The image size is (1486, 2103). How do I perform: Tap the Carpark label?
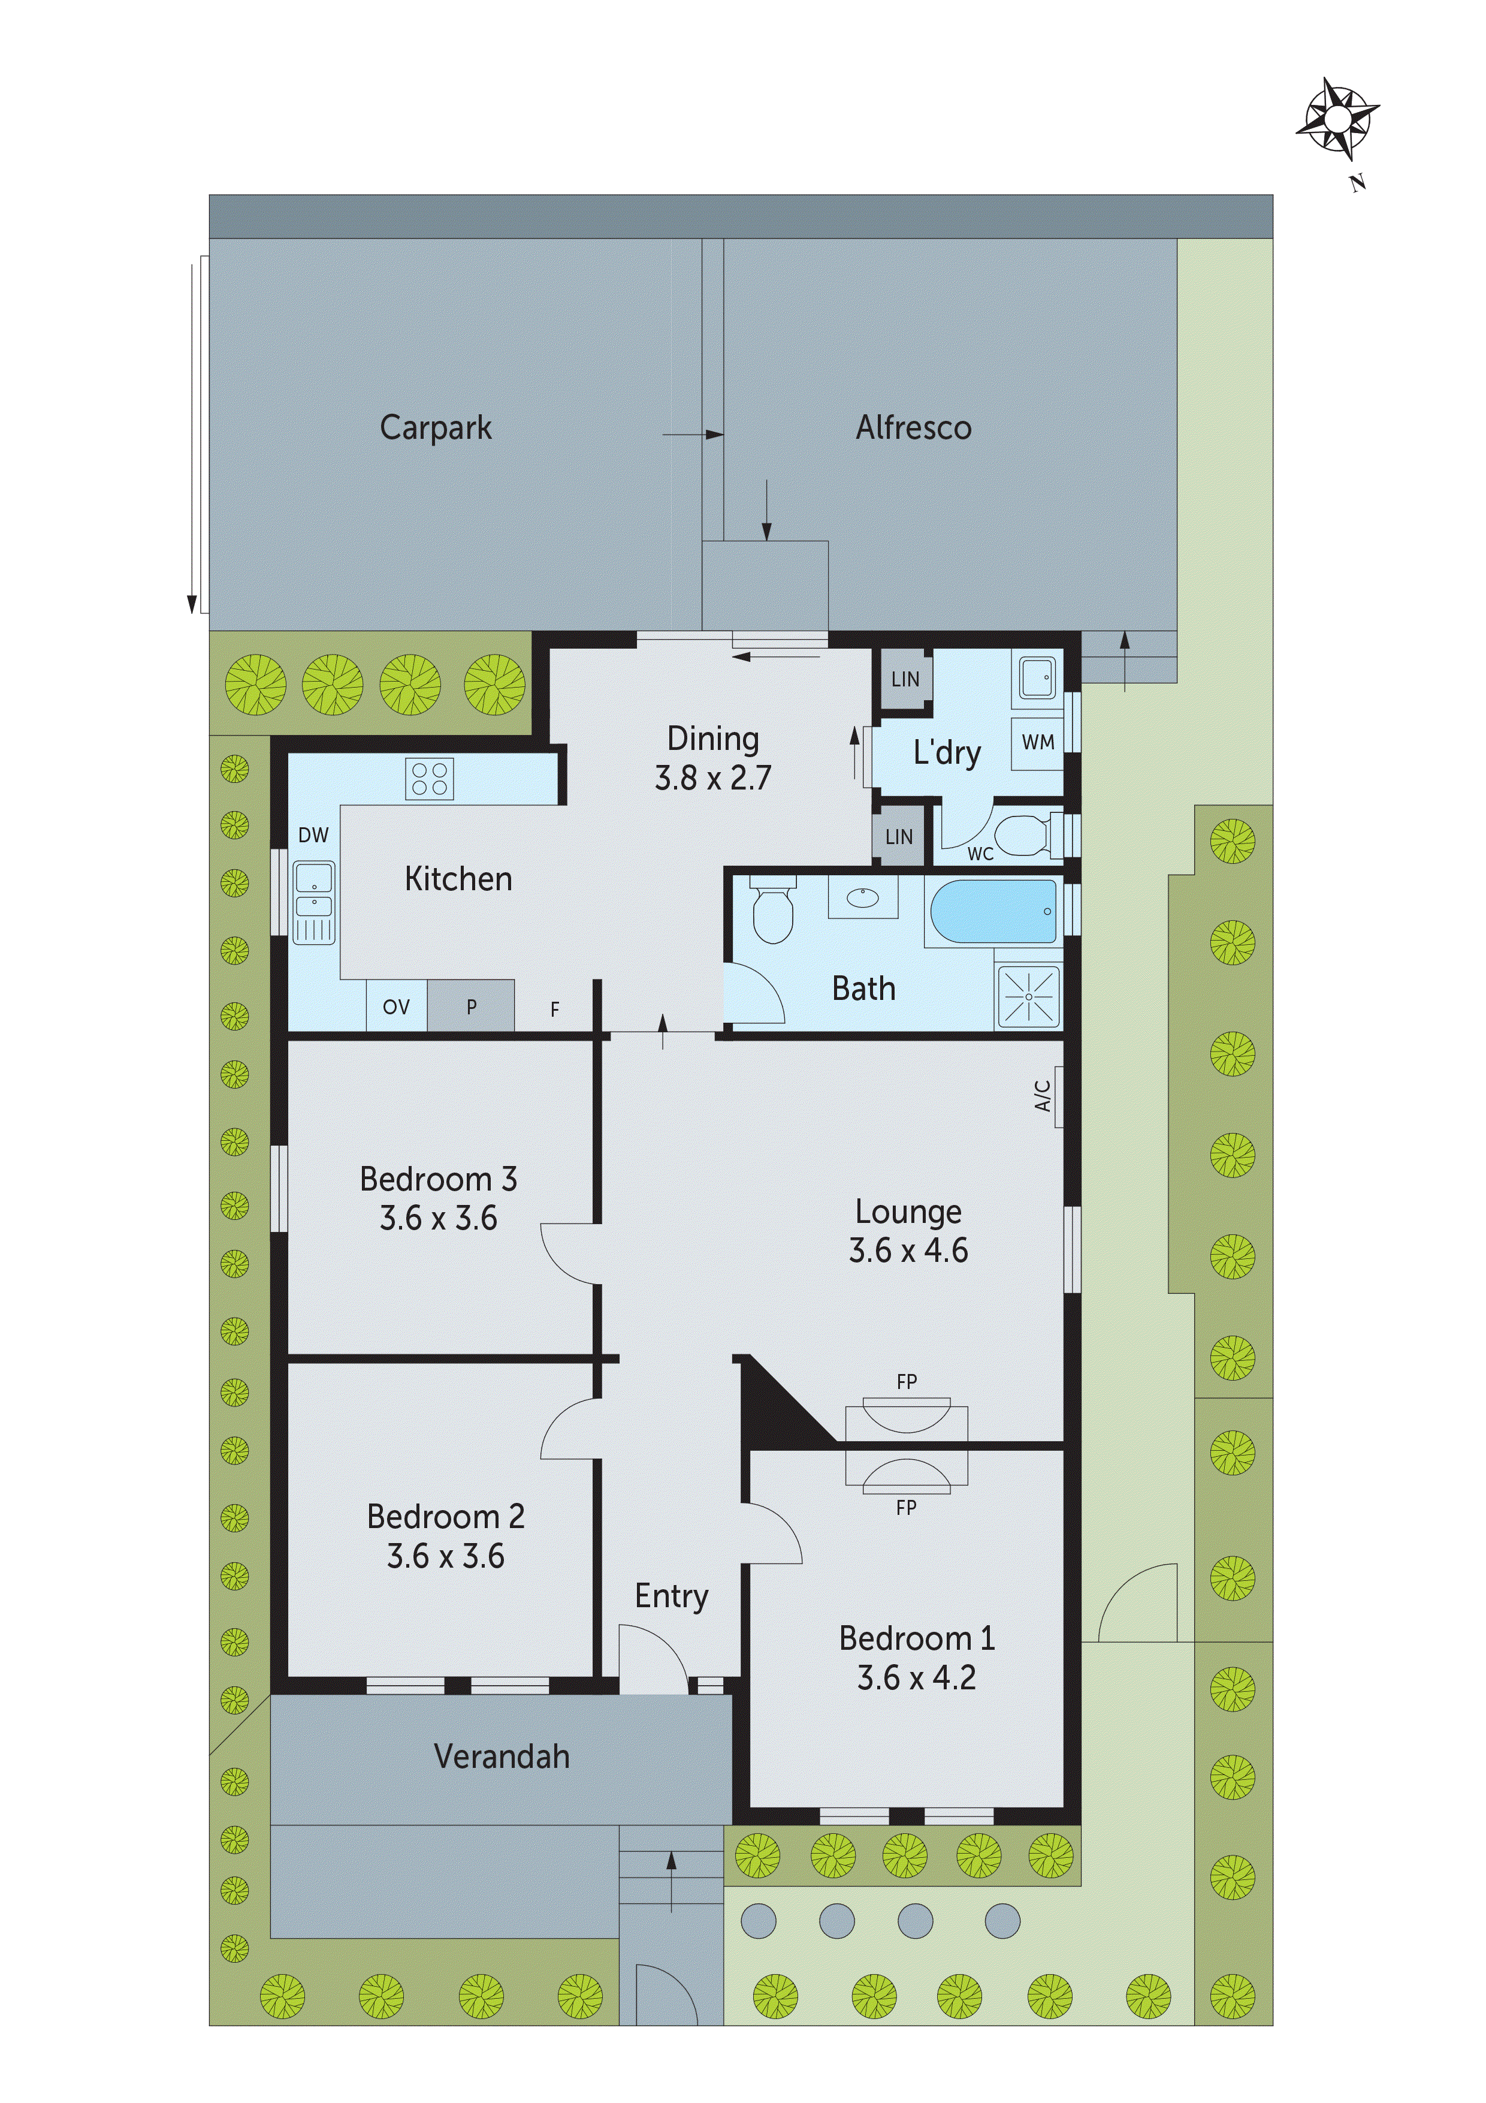(436, 428)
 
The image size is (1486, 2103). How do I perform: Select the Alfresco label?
(913, 428)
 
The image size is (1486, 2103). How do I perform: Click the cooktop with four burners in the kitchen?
(430, 779)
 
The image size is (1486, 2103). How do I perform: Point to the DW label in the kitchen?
(313, 834)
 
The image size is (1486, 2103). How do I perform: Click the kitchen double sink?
(314, 902)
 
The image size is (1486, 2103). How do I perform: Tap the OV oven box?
(395, 1007)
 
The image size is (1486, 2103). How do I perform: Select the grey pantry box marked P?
(470, 1006)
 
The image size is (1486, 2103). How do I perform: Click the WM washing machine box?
(1037, 743)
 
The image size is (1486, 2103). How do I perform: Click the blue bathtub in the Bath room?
(993, 911)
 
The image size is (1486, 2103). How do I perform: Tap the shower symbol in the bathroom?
(1028, 996)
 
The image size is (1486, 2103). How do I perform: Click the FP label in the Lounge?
(907, 1381)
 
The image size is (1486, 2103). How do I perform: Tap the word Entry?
(671, 1596)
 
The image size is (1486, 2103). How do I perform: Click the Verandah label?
(501, 1756)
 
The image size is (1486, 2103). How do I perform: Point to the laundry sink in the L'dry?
(1037, 679)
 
